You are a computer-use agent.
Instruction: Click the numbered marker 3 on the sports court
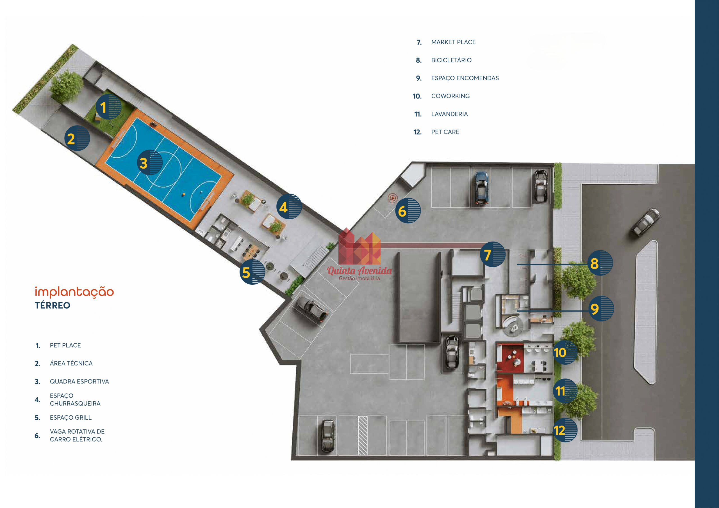[150, 163]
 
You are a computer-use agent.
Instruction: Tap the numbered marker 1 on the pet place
[108, 107]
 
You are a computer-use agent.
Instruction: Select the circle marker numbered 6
[408, 210]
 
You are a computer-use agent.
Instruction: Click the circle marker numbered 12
[564, 430]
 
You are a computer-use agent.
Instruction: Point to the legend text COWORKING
[450, 96]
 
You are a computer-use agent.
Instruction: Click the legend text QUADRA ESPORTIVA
[79, 381]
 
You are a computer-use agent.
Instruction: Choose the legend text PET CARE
[445, 132]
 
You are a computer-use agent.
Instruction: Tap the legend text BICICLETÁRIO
[451, 60]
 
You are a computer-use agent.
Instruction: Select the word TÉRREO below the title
[52, 305]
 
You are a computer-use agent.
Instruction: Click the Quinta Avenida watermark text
[359, 271]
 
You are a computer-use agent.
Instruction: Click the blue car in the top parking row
[482, 188]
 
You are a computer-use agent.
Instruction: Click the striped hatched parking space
[362, 435]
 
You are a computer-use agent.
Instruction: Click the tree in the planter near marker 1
[66, 86]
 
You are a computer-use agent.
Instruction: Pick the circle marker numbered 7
[493, 254]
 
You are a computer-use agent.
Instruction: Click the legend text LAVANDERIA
[449, 114]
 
